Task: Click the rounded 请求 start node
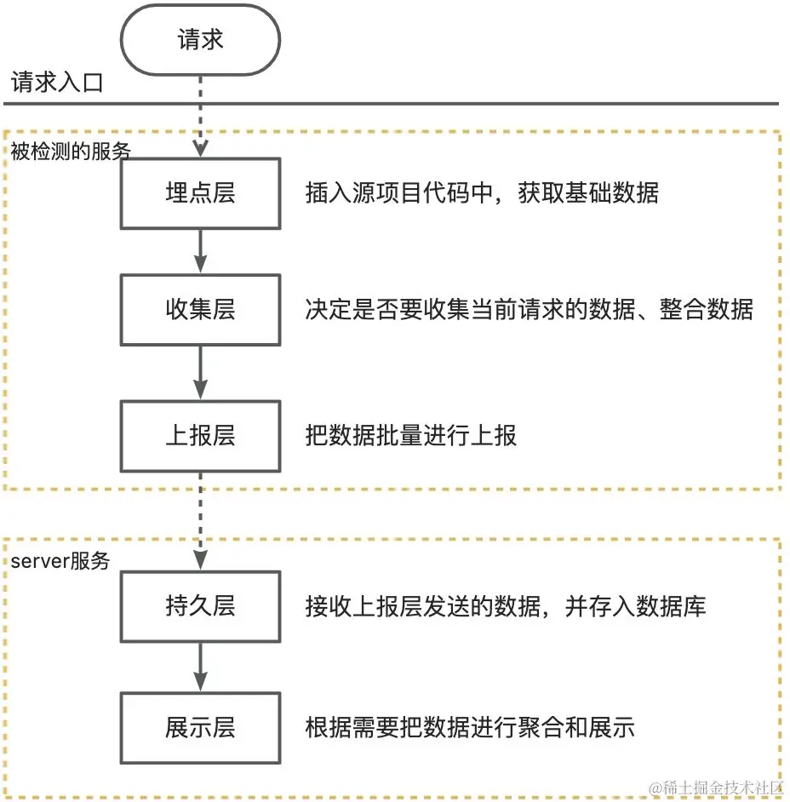point(200,40)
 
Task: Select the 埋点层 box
point(200,193)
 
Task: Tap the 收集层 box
point(200,309)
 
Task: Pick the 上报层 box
point(200,436)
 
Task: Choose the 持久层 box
point(200,606)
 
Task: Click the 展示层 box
point(200,728)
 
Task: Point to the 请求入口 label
point(56,83)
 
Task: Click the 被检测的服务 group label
point(72,152)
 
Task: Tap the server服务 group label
point(60,561)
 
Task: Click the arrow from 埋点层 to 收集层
point(200,251)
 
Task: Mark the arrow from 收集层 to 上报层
point(200,372)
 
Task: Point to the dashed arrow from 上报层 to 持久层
point(200,520)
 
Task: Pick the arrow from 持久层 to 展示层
point(200,667)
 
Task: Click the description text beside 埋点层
point(481,193)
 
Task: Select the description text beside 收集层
point(529,309)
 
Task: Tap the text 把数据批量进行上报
point(410,436)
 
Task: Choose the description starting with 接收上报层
point(505,606)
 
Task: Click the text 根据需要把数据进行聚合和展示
point(469,728)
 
